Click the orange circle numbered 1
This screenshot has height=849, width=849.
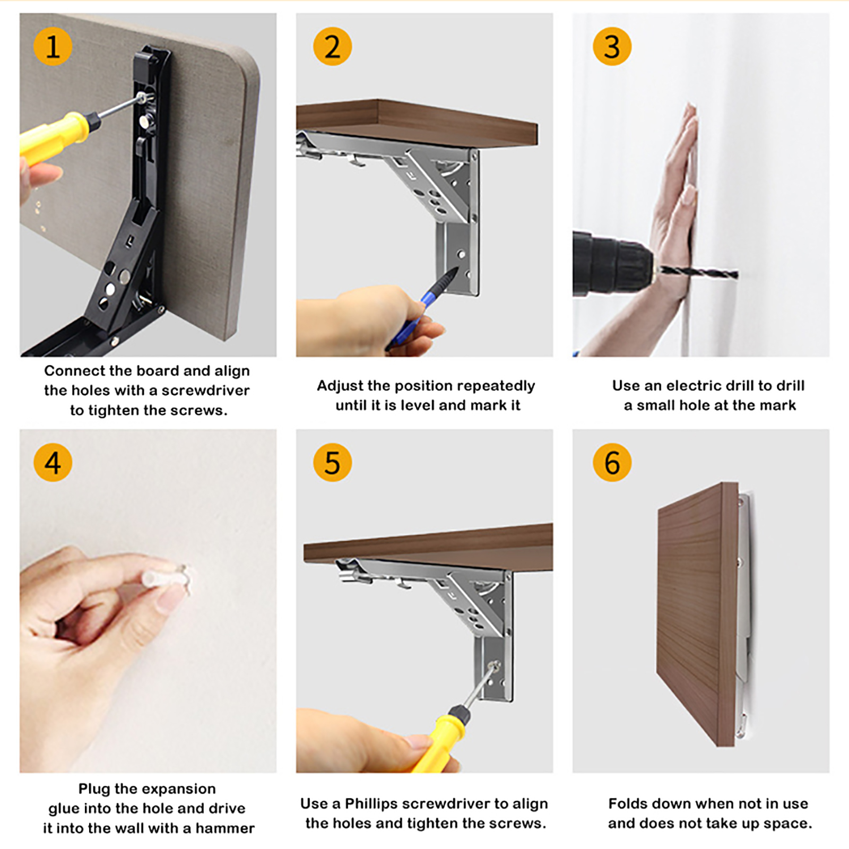point(53,47)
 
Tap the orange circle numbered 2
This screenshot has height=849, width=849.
point(332,47)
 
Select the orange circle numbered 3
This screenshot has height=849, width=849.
point(612,47)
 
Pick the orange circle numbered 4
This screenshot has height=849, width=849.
point(53,463)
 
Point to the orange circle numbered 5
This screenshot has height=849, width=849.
point(332,463)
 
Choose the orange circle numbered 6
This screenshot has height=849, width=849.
point(612,463)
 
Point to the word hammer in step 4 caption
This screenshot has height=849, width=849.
point(225,828)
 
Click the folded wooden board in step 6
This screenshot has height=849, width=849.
point(697,614)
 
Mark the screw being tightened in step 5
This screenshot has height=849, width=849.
point(494,665)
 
